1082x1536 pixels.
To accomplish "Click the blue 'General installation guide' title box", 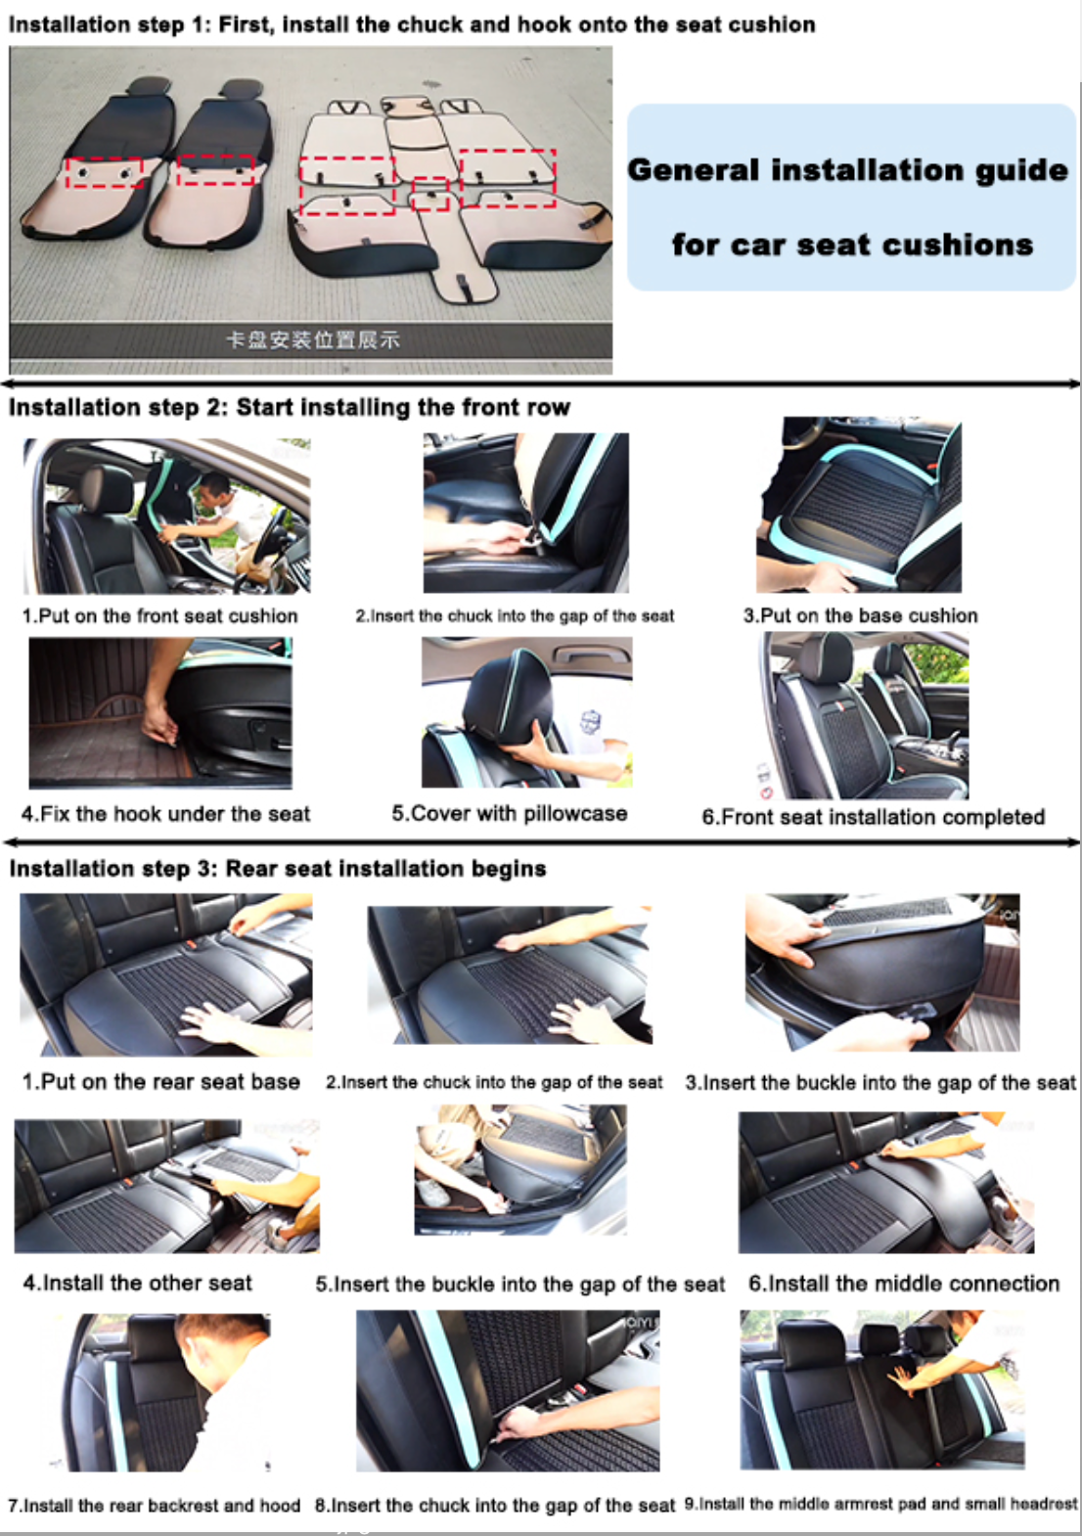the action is pyautogui.click(x=851, y=198).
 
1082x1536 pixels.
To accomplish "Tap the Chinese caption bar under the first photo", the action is pyautogui.click(x=311, y=340).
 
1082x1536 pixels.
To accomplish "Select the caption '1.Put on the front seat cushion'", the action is pyautogui.click(x=159, y=615).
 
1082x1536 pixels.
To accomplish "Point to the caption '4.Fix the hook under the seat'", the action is pyautogui.click(x=166, y=814).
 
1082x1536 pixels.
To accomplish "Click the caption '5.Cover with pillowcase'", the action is pyautogui.click(x=510, y=813).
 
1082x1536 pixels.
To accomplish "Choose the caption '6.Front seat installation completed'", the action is pyautogui.click(x=873, y=817).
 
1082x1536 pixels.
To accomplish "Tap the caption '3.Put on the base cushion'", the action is pyautogui.click(x=861, y=615).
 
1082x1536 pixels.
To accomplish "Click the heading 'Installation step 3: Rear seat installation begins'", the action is pyautogui.click(x=278, y=869).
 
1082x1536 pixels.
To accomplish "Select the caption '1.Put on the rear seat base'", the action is pyautogui.click(x=161, y=1081).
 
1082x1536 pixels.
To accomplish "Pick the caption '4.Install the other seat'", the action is pyautogui.click(x=137, y=1283).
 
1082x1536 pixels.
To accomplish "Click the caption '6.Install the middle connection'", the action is pyautogui.click(x=904, y=1283).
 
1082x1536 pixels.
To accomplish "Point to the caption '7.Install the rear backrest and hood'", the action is pyautogui.click(x=155, y=1505).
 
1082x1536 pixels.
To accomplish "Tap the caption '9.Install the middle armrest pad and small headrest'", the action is pyautogui.click(x=881, y=1504).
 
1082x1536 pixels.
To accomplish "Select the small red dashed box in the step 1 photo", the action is pyautogui.click(x=430, y=195).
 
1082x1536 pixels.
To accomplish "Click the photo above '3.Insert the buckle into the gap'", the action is pyautogui.click(x=882, y=972).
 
